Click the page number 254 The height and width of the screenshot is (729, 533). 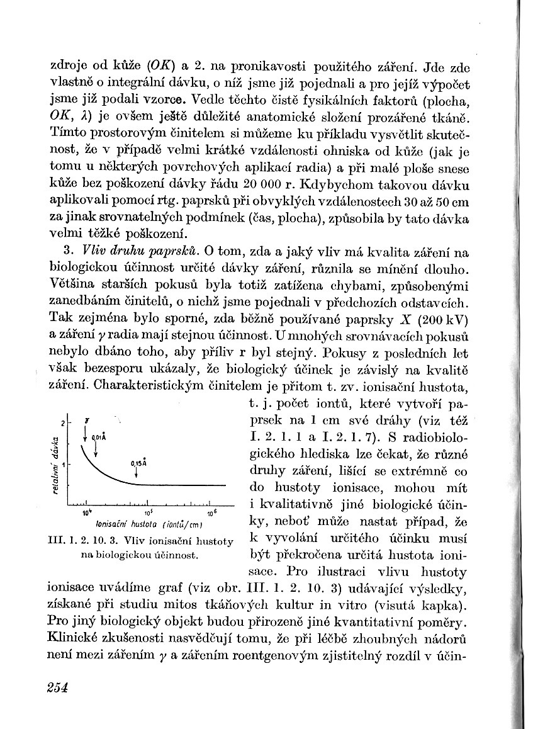(x=57, y=687)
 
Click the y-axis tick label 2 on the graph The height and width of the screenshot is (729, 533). (x=63, y=421)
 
